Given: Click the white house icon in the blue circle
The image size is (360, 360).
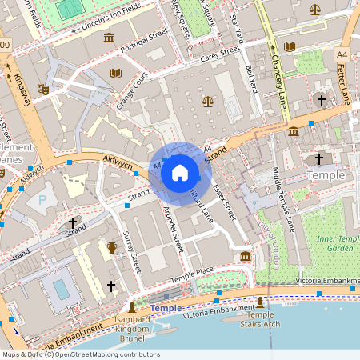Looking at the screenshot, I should coord(179,173).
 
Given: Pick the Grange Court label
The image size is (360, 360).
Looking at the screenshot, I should coord(132,91).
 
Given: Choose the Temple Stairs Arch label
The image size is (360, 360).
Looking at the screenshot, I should coord(259,320).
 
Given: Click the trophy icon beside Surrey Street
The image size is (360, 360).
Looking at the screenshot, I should coord(112,247).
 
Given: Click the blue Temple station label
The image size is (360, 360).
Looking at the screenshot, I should coord(166,308).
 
